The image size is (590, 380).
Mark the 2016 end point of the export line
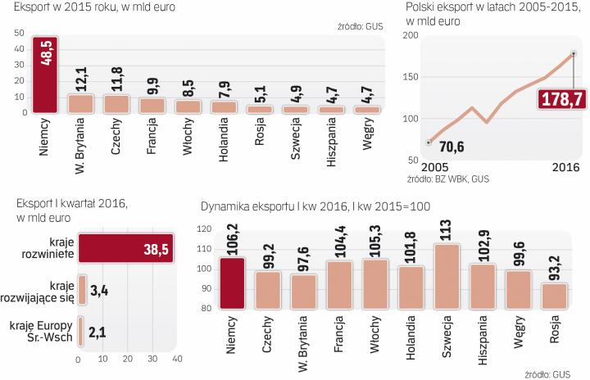tap(573, 54)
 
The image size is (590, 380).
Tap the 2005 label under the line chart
tap(424, 166)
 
